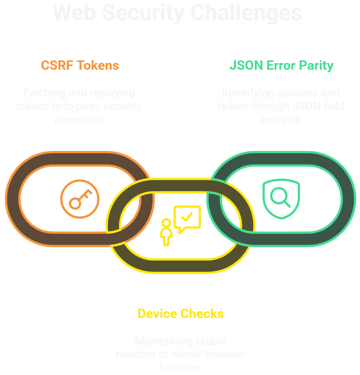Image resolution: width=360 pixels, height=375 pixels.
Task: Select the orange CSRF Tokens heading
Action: [x=80, y=66]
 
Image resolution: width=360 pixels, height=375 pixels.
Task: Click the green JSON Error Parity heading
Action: [x=281, y=66]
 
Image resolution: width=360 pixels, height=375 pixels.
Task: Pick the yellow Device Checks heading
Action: [x=181, y=313]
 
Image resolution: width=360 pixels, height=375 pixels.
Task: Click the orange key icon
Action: [x=80, y=198]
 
